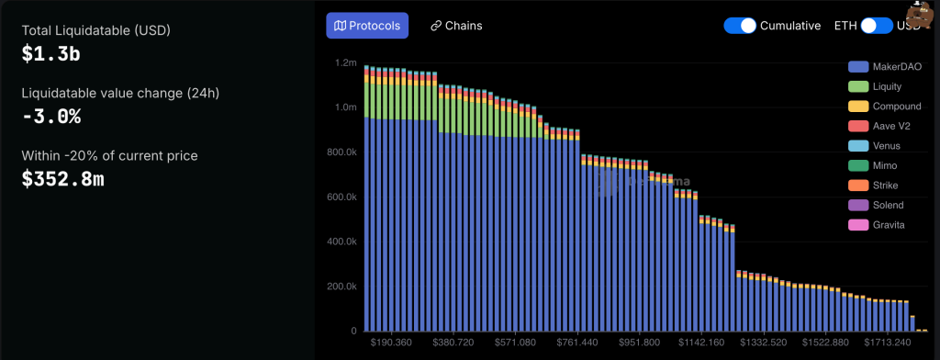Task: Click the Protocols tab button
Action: (367, 26)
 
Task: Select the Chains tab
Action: (455, 26)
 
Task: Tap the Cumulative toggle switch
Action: (739, 26)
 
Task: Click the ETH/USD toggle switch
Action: (876, 26)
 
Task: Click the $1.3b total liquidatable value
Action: (50, 54)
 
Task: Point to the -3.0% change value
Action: (51, 117)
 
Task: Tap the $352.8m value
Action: (62, 179)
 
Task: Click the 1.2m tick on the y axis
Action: (345, 63)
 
